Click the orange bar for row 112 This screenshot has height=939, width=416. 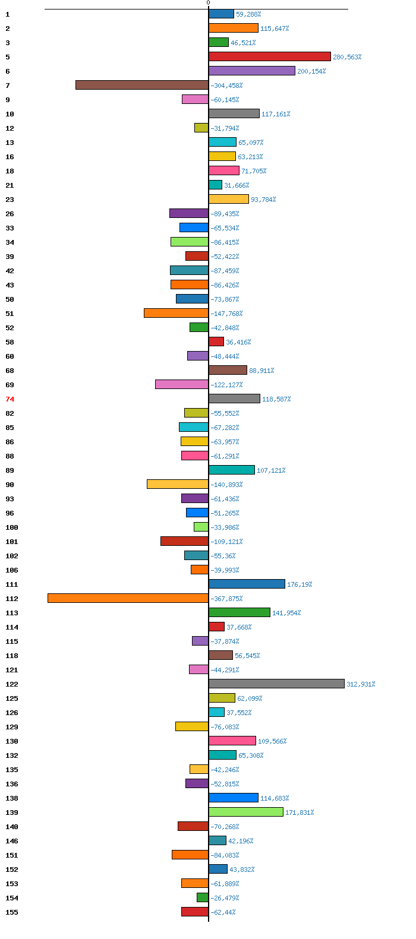click(x=128, y=598)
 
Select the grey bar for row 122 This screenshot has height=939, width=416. click(x=276, y=684)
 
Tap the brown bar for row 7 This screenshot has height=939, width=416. click(x=142, y=85)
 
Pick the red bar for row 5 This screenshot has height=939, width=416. click(x=269, y=56)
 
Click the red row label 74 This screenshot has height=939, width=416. click(x=10, y=399)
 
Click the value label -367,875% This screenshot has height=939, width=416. click(x=226, y=599)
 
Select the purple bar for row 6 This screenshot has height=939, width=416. click(x=251, y=71)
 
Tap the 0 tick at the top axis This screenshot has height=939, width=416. click(x=208, y=3)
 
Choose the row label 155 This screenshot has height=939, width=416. click(x=12, y=912)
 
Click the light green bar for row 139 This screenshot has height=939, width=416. click(x=245, y=812)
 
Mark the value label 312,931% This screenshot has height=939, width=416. click(x=361, y=684)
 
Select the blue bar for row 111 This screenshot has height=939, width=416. click(x=247, y=584)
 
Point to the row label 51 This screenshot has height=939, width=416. click(x=10, y=314)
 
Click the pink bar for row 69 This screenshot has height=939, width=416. click(x=182, y=384)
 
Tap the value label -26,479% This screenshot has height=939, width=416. click(x=225, y=898)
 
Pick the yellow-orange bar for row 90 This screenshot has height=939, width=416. click(x=178, y=484)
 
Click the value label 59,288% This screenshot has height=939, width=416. click(x=248, y=14)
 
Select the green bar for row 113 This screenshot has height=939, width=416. click(x=239, y=612)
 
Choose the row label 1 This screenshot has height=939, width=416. click(x=8, y=14)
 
